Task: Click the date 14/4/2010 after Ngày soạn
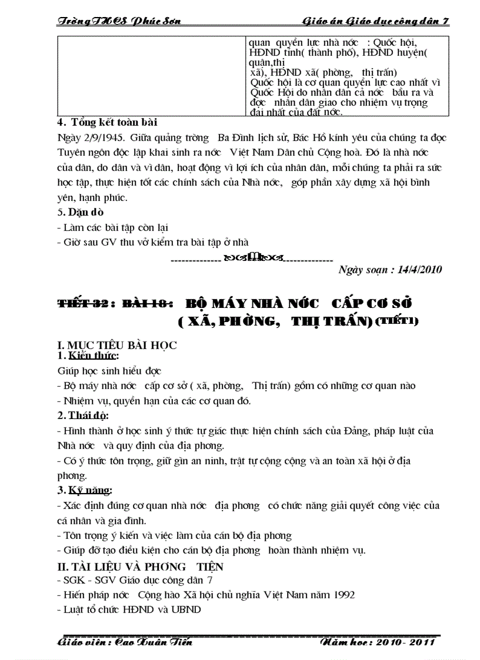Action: (416, 270)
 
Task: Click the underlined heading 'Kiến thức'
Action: (93, 356)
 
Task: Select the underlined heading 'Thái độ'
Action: (92, 416)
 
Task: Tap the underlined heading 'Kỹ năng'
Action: (93, 490)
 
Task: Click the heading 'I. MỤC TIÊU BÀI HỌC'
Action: (116, 346)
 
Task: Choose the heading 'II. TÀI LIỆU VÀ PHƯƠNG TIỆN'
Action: (140, 567)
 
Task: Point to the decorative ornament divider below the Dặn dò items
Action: (252, 257)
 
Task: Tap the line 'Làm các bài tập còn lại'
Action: (115, 227)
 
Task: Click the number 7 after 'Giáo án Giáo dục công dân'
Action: (446, 21)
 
